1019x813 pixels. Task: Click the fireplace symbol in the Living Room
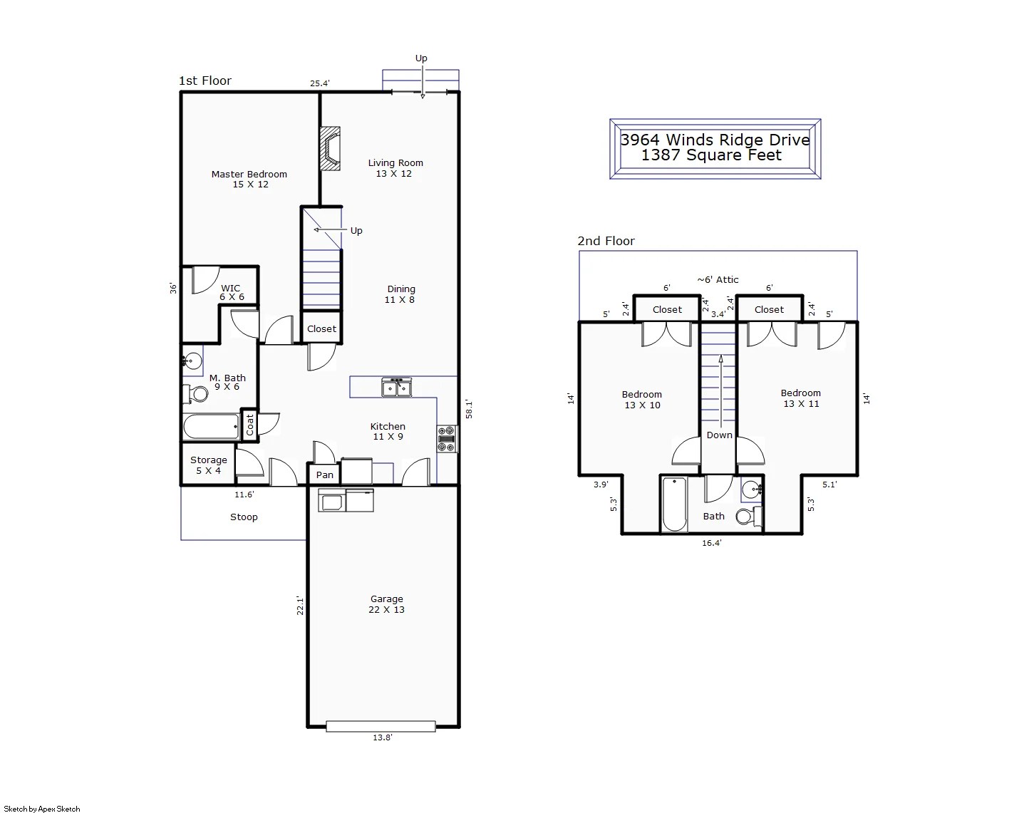[330, 148]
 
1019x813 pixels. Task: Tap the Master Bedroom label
[249, 179]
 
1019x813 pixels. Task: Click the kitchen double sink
[396, 388]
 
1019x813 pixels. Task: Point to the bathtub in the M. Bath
[211, 428]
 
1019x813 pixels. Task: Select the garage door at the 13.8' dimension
[381, 726]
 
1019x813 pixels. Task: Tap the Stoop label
[244, 517]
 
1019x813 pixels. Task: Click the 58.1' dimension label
[469, 409]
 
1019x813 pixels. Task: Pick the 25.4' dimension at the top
[319, 83]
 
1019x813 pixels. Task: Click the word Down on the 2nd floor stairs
[719, 435]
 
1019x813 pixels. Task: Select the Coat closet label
[250, 425]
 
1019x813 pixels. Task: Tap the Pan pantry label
[324, 475]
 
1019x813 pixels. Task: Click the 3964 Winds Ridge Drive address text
[715, 140]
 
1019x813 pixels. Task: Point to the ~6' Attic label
[718, 279]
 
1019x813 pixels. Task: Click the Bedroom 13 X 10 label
[641, 400]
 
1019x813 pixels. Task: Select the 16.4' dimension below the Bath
[711, 543]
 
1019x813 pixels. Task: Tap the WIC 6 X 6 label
[231, 293]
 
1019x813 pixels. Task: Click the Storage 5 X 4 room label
[208, 465]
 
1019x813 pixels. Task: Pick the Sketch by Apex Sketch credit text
[43, 809]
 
